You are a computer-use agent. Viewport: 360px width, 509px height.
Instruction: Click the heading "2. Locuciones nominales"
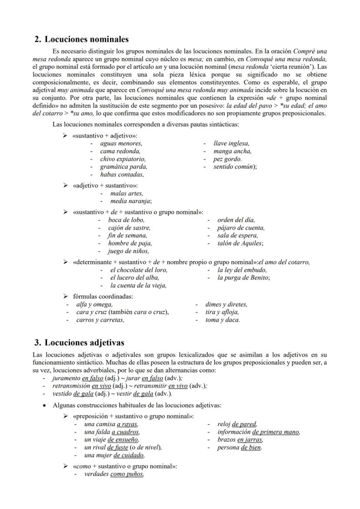[x=81, y=40]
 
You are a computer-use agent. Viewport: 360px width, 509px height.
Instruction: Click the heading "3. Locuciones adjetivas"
[x=80, y=343]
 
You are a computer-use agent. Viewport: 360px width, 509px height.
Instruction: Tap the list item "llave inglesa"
[x=231, y=143]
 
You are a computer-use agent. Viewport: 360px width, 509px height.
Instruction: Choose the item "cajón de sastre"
[x=129, y=228]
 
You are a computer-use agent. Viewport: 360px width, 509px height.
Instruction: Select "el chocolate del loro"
[x=138, y=270]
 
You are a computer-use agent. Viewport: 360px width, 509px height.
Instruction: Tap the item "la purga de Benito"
[x=243, y=278]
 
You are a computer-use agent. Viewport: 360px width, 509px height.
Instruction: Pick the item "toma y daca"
[x=222, y=320]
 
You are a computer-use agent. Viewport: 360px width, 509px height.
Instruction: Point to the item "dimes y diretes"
[x=226, y=305]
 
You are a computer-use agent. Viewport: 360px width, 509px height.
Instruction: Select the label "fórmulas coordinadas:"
[x=103, y=296]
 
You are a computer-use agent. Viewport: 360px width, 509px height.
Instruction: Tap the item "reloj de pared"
[x=237, y=424]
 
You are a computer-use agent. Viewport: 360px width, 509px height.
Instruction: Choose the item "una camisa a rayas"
[x=111, y=424]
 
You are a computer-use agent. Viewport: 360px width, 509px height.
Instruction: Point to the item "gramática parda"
[x=123, y=167]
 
